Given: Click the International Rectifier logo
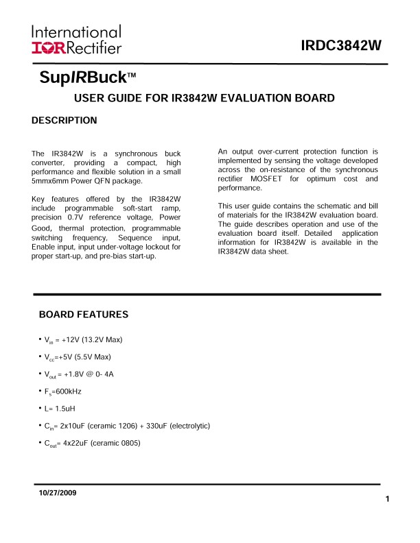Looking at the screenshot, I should point(76,40).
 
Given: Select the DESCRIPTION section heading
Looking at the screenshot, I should point(65,121).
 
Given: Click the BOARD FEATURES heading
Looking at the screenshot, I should point(84,315).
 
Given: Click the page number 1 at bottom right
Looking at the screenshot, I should point(388,499).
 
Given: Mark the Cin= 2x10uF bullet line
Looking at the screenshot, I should point(127,426).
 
